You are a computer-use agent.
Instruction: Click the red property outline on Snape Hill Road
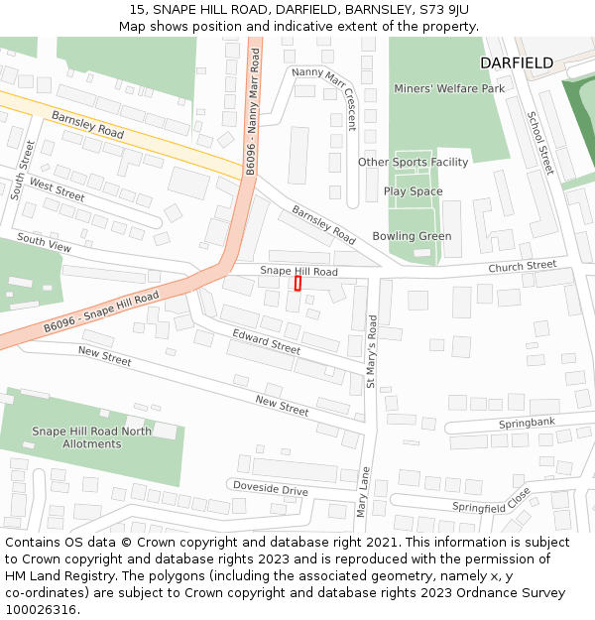coord(297,283)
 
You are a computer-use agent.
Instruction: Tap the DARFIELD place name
coord(517,62)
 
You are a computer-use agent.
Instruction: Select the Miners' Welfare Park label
coord(449,88)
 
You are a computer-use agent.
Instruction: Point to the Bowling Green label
coord(412,236)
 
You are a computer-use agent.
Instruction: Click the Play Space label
coord(413,191)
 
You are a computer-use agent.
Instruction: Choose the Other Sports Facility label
coord(413,163)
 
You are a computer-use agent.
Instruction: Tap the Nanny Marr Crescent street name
coord(323,98)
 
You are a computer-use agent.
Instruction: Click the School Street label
coord(540,143)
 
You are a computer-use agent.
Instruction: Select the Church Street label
coord(523,266)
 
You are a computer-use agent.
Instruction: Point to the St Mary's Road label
coord(372,350)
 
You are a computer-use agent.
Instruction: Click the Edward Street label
coord(266,342)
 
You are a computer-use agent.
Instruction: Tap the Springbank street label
coord(527,423)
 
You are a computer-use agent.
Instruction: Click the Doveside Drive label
coord(270,489)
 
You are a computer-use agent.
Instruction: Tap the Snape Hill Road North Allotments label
coord(91,437)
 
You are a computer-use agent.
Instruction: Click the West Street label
coord(57,188)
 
